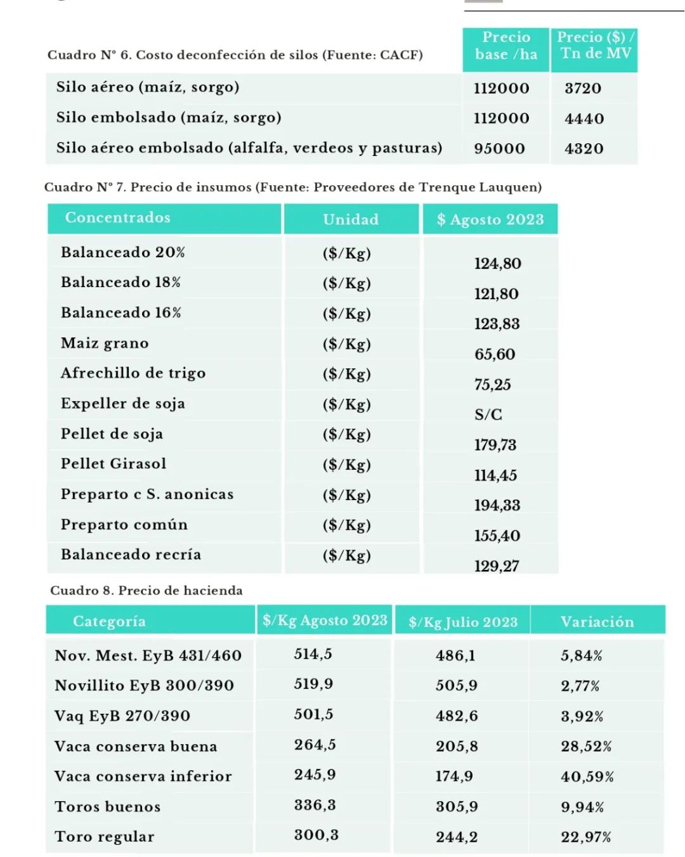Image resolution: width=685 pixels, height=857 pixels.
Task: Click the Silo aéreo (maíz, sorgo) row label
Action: (x=148, y=87)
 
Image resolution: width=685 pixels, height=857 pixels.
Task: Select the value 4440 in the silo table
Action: (x=584, y=119)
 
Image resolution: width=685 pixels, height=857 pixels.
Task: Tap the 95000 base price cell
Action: (x=500, y=149)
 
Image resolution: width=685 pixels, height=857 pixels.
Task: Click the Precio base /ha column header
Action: (x=506, y=46)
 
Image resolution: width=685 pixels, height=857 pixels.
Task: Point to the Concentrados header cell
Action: (x=118, y=218)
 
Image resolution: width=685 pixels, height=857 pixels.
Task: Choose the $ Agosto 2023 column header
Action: (x=490, y=219)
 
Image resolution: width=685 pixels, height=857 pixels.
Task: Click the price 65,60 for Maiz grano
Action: (x=495, y=354)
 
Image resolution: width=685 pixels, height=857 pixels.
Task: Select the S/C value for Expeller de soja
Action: (x=488, y=415)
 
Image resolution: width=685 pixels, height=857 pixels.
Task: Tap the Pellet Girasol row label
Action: (x=114, y=464)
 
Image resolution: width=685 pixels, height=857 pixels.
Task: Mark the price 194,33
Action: (x=497, y=505)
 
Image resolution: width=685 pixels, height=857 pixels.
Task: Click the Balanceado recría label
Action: (x=131, y=555)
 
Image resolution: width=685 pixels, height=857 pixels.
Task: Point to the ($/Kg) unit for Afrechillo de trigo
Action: (x=346, y=374)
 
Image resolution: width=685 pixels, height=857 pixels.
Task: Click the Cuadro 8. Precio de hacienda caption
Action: (x=147, y=591)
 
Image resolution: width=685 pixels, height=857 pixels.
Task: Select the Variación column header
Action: (x=597, y=622)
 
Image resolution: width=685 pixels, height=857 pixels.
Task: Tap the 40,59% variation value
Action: (x=587, y=776)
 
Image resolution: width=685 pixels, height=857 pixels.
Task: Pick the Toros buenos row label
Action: (x=108, y=807)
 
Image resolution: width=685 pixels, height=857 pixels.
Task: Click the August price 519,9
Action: (x=313, y=685)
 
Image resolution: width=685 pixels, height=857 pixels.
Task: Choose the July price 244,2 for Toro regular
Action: (x=457, y=837)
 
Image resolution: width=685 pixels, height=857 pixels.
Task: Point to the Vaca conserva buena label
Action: (x=136, y=747)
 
